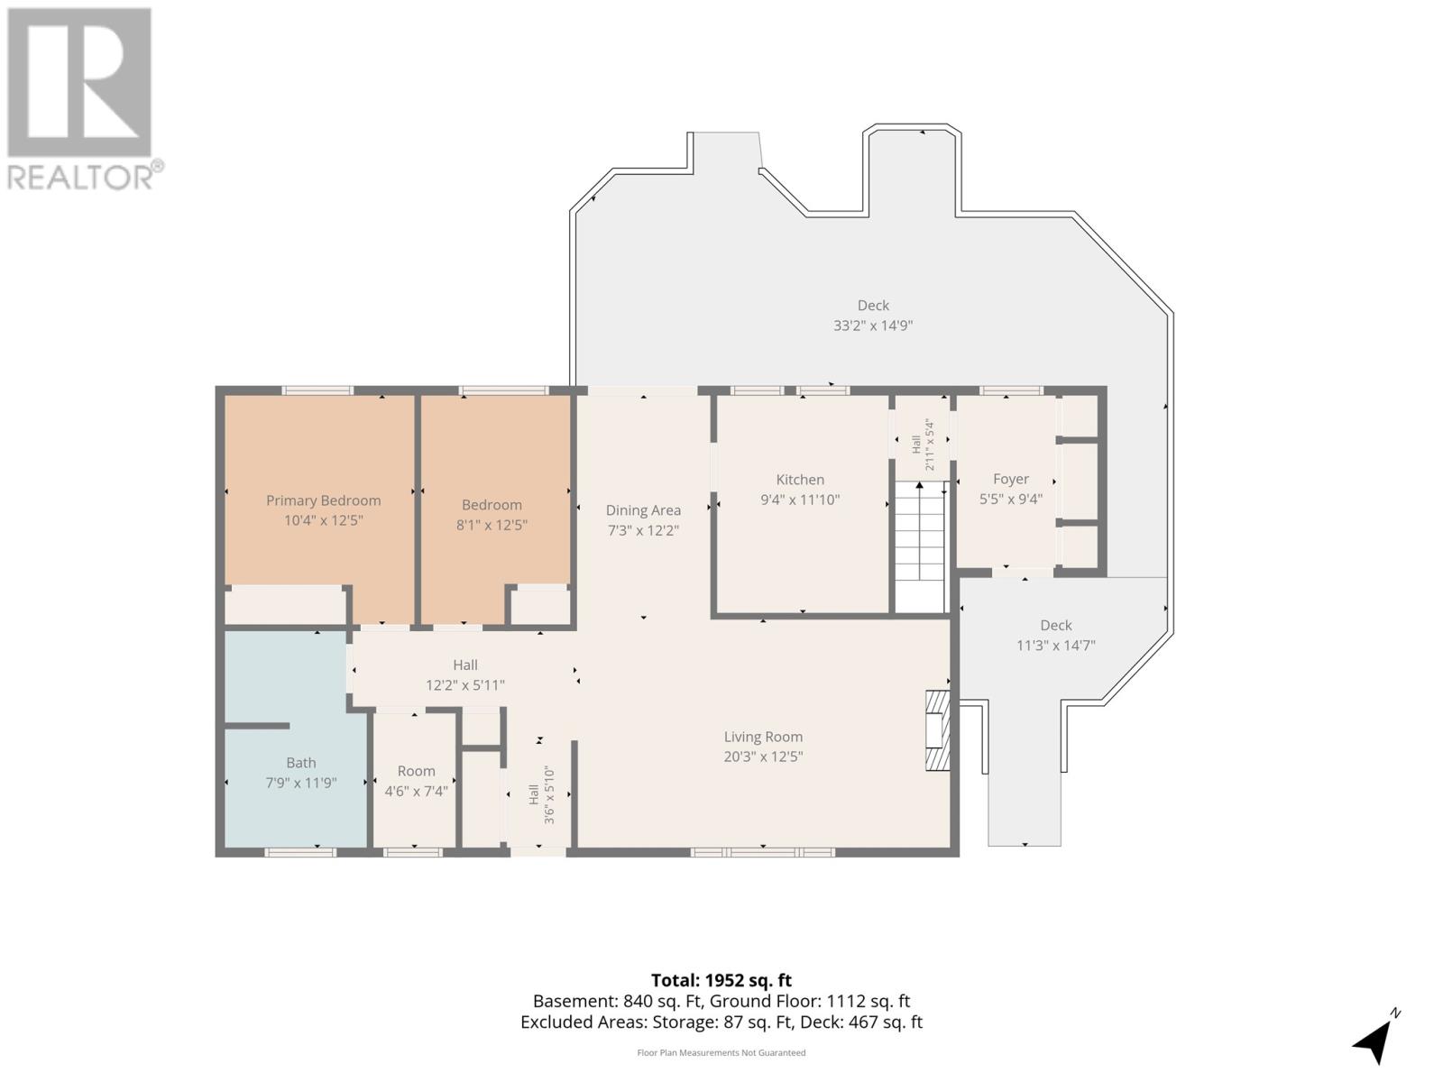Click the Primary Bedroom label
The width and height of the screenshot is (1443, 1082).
point(323,500)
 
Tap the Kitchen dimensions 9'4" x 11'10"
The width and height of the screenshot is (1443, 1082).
point(800,500)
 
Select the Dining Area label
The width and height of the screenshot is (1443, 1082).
point(643,510)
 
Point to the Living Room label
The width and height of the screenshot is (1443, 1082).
point(763,737)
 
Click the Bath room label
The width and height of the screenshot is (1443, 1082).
point(301,763)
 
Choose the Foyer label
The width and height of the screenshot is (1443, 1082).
point(1011,480)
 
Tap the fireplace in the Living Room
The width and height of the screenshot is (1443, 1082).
point(938,730)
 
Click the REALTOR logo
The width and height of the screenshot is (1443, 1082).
point(83,99)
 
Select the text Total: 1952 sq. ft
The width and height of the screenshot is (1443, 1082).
point(721,981)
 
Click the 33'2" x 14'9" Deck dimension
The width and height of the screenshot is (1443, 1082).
point(873,326)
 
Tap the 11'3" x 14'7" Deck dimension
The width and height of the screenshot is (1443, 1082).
point(1056,646)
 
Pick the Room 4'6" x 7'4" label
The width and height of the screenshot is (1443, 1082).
point(416,781)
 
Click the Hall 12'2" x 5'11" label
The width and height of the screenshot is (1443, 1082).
point(464,675)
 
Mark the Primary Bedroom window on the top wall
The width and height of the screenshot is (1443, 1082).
point(317,390)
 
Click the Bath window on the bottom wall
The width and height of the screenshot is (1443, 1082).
point(300,852)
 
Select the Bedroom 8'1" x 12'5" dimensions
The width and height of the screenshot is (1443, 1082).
point(492,526)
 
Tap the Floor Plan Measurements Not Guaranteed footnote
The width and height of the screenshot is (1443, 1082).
point(721,1053)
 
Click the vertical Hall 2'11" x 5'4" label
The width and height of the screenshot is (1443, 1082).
point(923,445)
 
